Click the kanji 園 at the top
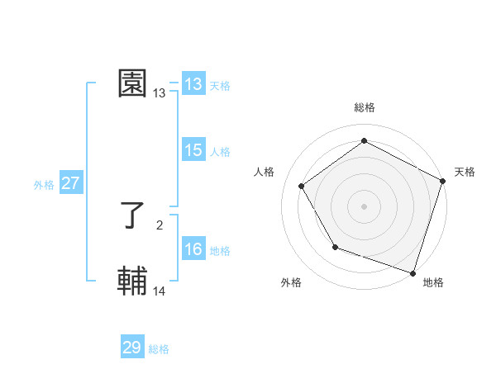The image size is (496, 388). coord(133,83)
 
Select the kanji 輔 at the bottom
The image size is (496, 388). coord(133,282)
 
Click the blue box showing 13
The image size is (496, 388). coord(193,84)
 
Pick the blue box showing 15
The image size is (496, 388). coord(193,150)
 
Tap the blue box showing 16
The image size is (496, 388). coord(193,249)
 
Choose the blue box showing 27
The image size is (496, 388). coord(70,183)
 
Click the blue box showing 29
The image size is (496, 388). coord(131,348)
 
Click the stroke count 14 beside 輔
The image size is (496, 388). coord(160,291)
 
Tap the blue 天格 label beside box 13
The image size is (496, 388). coord(220,85)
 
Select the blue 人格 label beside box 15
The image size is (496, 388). coord(220,151)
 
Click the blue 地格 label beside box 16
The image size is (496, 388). coord(220,250)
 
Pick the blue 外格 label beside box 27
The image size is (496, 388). coord(44,185)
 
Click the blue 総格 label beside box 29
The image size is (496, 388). coord(159,349)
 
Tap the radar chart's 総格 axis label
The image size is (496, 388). coord(364,107)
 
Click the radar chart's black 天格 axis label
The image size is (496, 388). coord(465,172)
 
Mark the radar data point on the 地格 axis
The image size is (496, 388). coord(413,272)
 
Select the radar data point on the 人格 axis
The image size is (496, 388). coord(302,186)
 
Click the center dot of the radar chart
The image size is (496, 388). coord(364,206)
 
